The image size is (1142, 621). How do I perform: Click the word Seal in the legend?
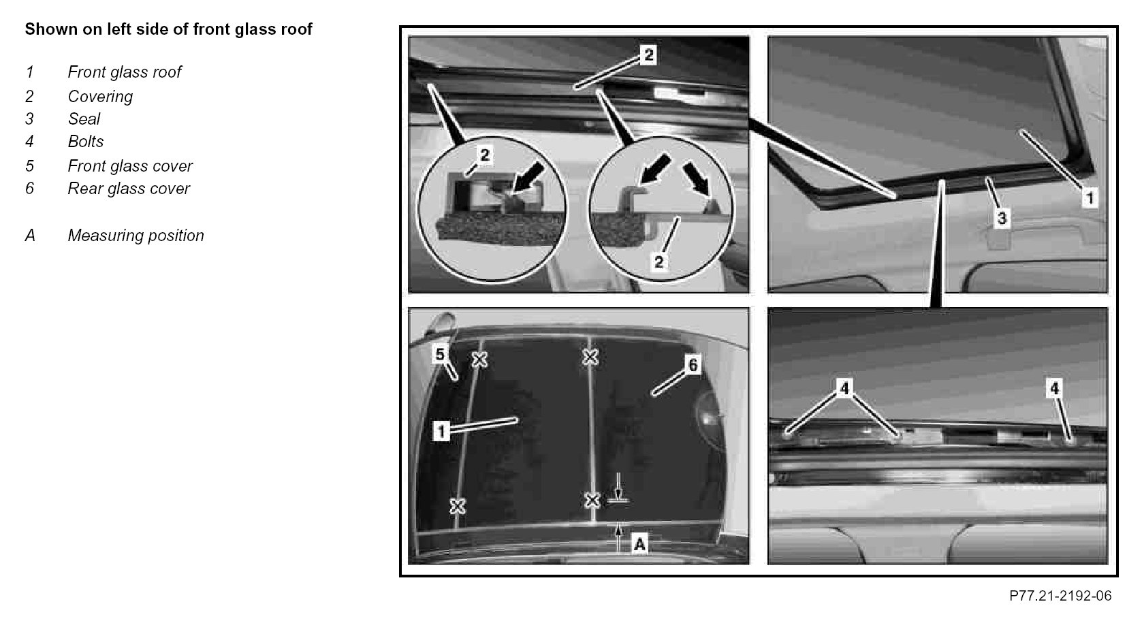[84, 118]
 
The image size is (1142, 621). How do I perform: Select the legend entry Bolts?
[86, 141]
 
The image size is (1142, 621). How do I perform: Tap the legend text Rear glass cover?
[129, 188]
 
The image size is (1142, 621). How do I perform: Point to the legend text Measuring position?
[136, 235]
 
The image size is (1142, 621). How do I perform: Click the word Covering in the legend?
[100, 97]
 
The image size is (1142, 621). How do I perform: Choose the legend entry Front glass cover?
[130, 165]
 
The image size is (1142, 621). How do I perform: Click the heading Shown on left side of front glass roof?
[168, 29]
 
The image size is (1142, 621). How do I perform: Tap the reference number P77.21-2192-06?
[1060, 596]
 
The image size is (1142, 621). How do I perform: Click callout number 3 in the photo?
[1002, 218]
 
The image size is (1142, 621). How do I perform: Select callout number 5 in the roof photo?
[440, 354]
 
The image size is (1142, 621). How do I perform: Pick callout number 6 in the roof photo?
[693, 365]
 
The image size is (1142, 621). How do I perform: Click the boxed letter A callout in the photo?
[639, 543]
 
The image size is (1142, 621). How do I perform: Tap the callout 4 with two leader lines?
[844, 388]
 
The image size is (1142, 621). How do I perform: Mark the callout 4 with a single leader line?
[1054, 389]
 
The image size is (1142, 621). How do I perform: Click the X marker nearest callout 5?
[479, 360]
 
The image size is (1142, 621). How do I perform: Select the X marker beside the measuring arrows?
[592, 500]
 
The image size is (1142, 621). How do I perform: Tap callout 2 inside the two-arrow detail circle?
[659, 262]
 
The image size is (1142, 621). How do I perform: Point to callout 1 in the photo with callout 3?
[1090, 197]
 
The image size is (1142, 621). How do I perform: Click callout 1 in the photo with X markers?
[441, 431]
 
